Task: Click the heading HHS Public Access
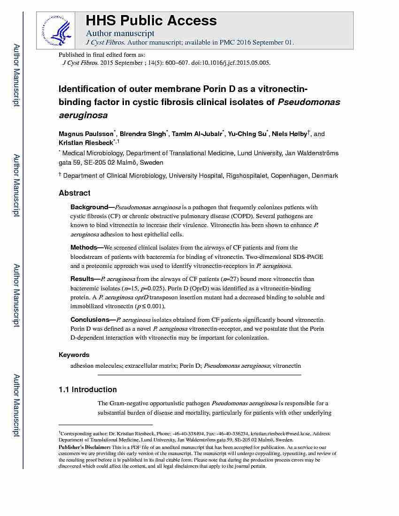(151, 21)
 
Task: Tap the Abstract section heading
(75, 193)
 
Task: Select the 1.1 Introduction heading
(88, 389)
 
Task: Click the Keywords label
(74, 355)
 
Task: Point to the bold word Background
(89, 207)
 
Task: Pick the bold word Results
(82, 279)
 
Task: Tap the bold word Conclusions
(90, 319)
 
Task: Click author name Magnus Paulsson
(85, 134)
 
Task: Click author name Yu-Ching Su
(246, 134)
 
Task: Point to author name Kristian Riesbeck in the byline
(86, 143)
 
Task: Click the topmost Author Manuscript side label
(16, 75)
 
